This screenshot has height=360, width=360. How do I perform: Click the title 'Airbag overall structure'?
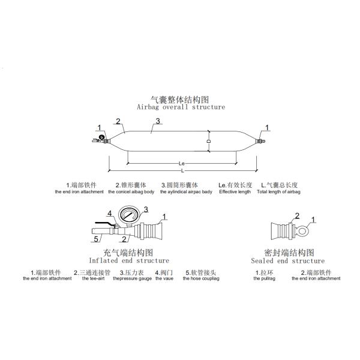tap(181, 107)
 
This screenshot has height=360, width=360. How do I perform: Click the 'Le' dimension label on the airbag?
tap(182, 163)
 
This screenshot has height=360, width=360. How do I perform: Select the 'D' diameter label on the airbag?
tap(209, 141)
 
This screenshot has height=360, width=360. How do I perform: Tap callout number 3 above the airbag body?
tap(157, 121)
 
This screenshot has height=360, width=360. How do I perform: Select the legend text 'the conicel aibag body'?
tap(131, 191)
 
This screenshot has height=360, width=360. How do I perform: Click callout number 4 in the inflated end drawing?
tap(109, 213)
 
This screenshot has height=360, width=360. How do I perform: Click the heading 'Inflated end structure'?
tap(129, 261)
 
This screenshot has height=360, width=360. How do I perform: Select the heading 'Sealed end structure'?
tap(287, 261)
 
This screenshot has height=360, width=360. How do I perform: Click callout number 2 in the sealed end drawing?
tap(296, 216)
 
